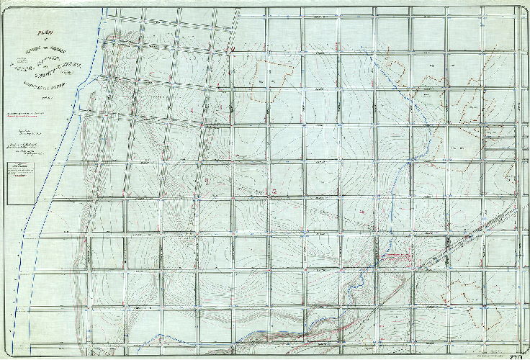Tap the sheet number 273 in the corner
coord(514,353)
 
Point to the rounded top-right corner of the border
coord(525,7)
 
